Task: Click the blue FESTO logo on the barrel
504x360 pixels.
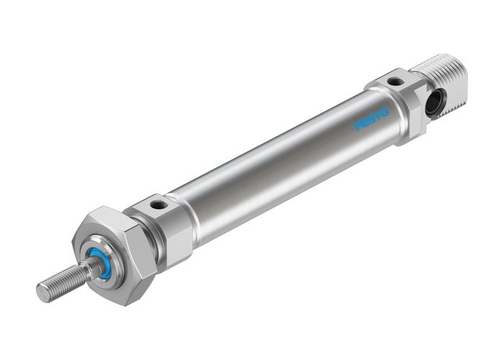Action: pyautogui.click(x=372, y=119)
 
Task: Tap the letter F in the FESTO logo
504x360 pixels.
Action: pyautogui.click(x=358, y=126)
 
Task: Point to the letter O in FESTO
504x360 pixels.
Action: pyautogui.click(x=384, y=112)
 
